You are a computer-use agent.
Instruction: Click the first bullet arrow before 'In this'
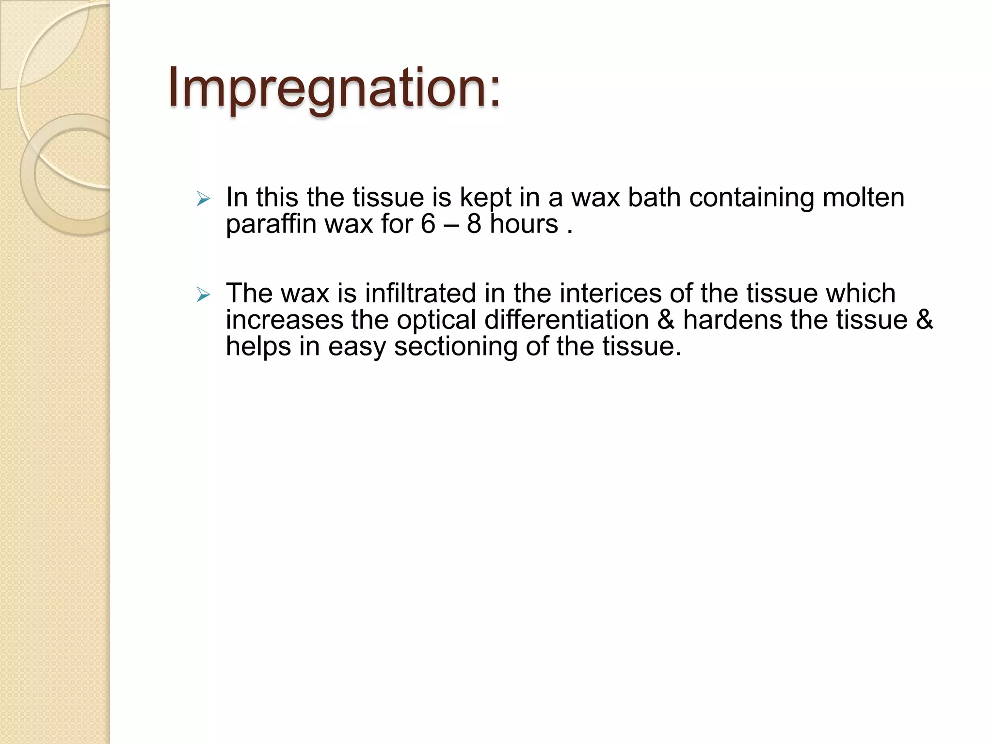(x=203, y=199)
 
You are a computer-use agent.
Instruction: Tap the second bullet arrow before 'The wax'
(x=203, y=294)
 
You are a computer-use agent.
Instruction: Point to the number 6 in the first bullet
(x=428, y=224)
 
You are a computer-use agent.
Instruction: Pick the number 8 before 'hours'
(x=474, y=224)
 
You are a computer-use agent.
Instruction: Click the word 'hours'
(x=524, y=224)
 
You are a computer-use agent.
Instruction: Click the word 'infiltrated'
(x=420, y=294)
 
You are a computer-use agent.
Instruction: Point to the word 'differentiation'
(x=566, y=320)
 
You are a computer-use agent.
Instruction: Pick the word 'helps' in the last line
(x=258, y=347)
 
